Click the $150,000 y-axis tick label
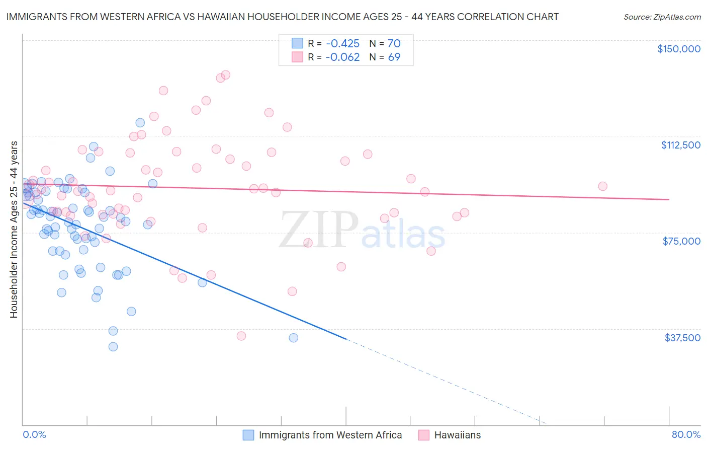pyautogui.click(x=678, y=49)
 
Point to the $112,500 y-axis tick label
pyautogui.click(x=680, y=145)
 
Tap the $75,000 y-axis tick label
pyautogui.click(x=681, y=241)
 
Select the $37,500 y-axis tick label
pyautogui.click(x=682, y=338)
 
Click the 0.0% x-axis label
pyautogui.click(x=34, y=434)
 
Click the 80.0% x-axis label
pyautogui.click(x=686, y=434)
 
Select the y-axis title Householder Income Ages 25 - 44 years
pyautogui.click(x=14, y=230)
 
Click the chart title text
pyautogui.click(x=282, y=17)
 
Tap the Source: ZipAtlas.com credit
pyautogui.click(x=662, y=17)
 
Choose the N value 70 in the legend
pyautogui.click(x=394, y=43)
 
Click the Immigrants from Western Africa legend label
pyautogui.click(x=330, y=435)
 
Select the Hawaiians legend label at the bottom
pyautogui.click(x=457, y=435)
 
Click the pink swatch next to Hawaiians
pyautogui.click(x=423, y=435)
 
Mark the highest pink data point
pyautogui.click(x=225, y=74)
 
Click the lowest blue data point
pyautogui.click(x=113, y=347)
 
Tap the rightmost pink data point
pyautogui.click(x=602, y=186)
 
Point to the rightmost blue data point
pyautogui.click(x=293, y=338)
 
